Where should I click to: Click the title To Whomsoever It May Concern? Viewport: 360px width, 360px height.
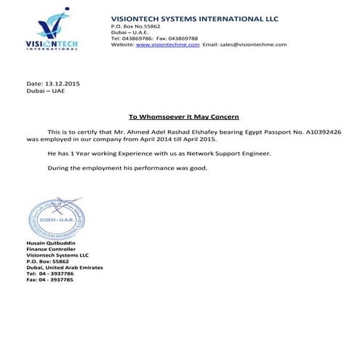pos(183,116)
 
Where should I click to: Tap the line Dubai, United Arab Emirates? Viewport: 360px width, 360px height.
pos(64,267)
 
